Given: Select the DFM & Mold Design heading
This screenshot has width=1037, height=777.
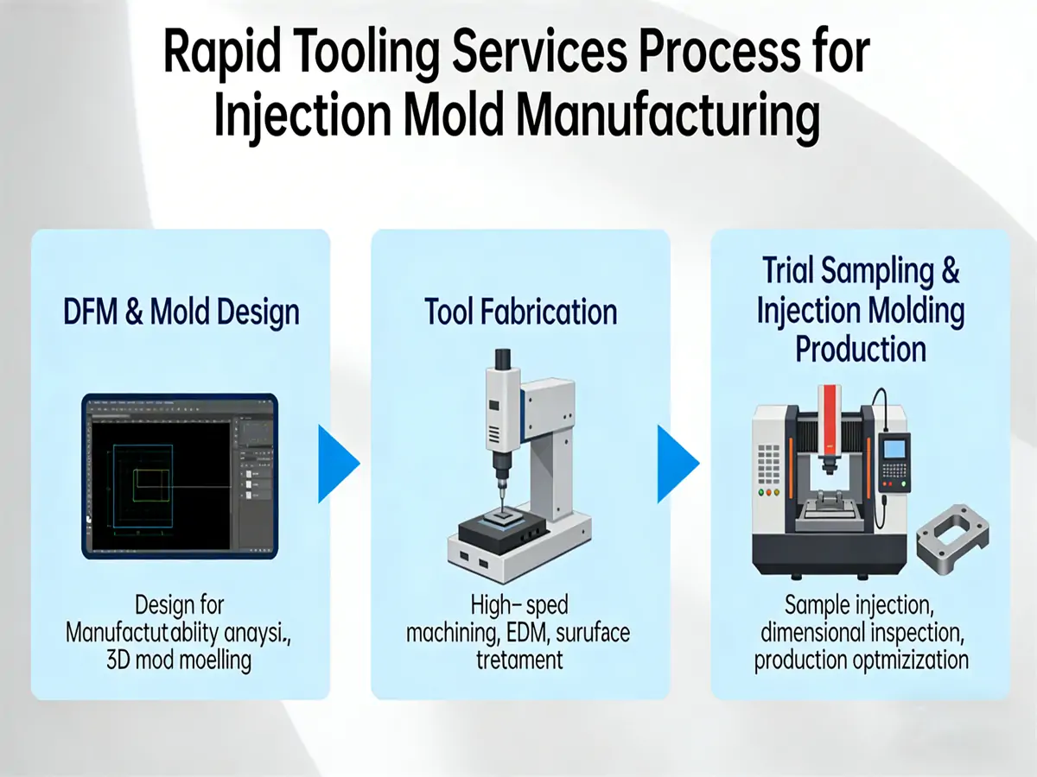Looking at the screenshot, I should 181,312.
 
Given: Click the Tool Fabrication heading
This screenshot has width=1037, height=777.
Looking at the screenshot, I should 521,312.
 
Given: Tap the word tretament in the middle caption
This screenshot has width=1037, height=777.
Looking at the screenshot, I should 519,660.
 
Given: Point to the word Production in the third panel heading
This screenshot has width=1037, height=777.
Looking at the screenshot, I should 861,350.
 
